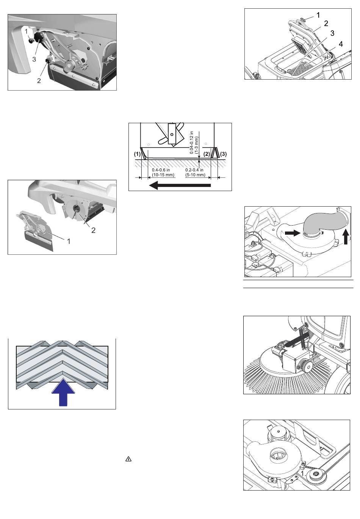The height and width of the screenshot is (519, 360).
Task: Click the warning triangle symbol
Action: (128, 459)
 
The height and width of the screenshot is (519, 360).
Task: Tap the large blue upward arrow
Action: (63, 392)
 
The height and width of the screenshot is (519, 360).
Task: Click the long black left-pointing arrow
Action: (180, 185)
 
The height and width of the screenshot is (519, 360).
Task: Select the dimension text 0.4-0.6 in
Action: (161, 170)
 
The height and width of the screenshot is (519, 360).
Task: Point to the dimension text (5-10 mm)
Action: (195, 175)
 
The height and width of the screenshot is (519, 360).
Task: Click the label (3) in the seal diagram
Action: (223, 154)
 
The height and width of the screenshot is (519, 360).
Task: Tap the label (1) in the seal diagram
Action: (138, 154)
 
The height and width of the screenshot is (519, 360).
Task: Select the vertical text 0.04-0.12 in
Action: (191, 143)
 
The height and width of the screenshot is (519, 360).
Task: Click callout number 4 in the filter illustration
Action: (341, 44)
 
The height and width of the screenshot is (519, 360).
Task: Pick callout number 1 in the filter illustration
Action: (318, 15)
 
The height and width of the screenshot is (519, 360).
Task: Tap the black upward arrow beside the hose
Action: (346, 236)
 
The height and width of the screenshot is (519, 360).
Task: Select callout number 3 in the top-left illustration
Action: (34, 59)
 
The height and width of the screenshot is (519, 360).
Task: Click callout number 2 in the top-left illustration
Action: (39, 81)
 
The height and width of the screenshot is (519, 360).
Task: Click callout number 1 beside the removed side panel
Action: (69, 241)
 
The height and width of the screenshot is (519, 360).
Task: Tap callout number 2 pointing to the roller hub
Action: (93, 230)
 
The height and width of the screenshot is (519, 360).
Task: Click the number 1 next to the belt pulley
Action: (302, 473)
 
